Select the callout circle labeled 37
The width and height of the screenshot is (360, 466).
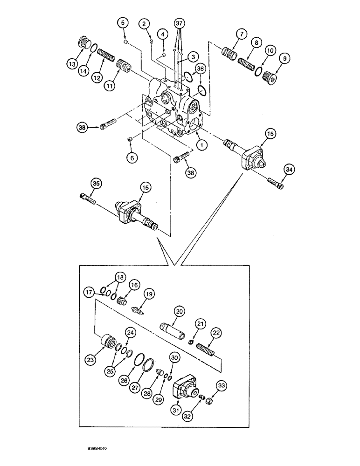pos(180,23)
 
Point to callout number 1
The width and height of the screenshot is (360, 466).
pos(201,145)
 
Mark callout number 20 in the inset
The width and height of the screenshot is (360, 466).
pos(179,311)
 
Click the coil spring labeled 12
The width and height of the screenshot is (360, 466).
pos(106,58)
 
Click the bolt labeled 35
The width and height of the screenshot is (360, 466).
pos(88,199)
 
